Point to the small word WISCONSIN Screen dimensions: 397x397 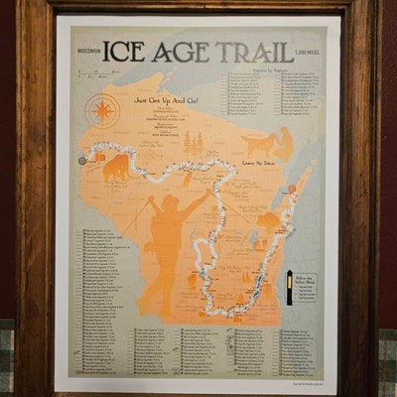pos(88,48)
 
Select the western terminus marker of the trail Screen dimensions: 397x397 pos(82,159)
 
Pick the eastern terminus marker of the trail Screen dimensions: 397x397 pos(293,189)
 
